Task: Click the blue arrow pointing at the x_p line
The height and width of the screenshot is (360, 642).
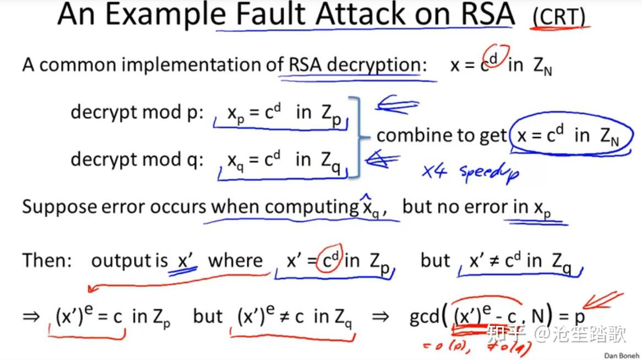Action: tap(397, 105)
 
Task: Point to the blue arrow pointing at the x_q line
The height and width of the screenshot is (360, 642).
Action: tap(382, 159)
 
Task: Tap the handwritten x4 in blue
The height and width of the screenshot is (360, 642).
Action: tap(434, 171)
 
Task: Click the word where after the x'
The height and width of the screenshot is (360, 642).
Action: tap(236, 260)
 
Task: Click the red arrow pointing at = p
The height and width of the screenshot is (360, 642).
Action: tap(603, 300)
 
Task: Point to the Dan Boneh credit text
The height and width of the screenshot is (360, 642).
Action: tap(622, 356)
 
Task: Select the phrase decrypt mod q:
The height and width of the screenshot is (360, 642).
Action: tap(137, 159)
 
